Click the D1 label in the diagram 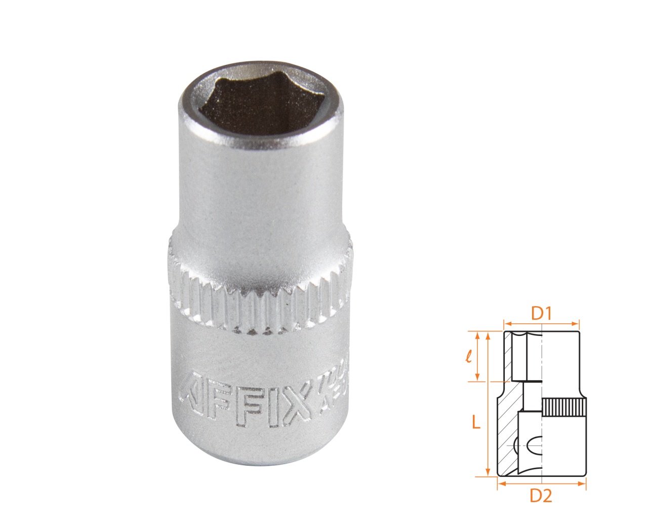[541, 314]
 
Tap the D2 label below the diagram [540, 497]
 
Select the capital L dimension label [475, 422]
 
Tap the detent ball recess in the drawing [534, 446]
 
